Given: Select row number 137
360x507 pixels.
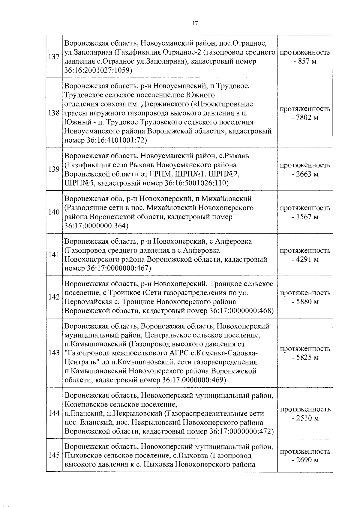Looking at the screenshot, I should coord(54,57).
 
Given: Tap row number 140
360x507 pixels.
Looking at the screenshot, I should coord(54,212).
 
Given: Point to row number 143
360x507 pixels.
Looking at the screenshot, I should coord(54,353).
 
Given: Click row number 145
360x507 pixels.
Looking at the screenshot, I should coord(54,455).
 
